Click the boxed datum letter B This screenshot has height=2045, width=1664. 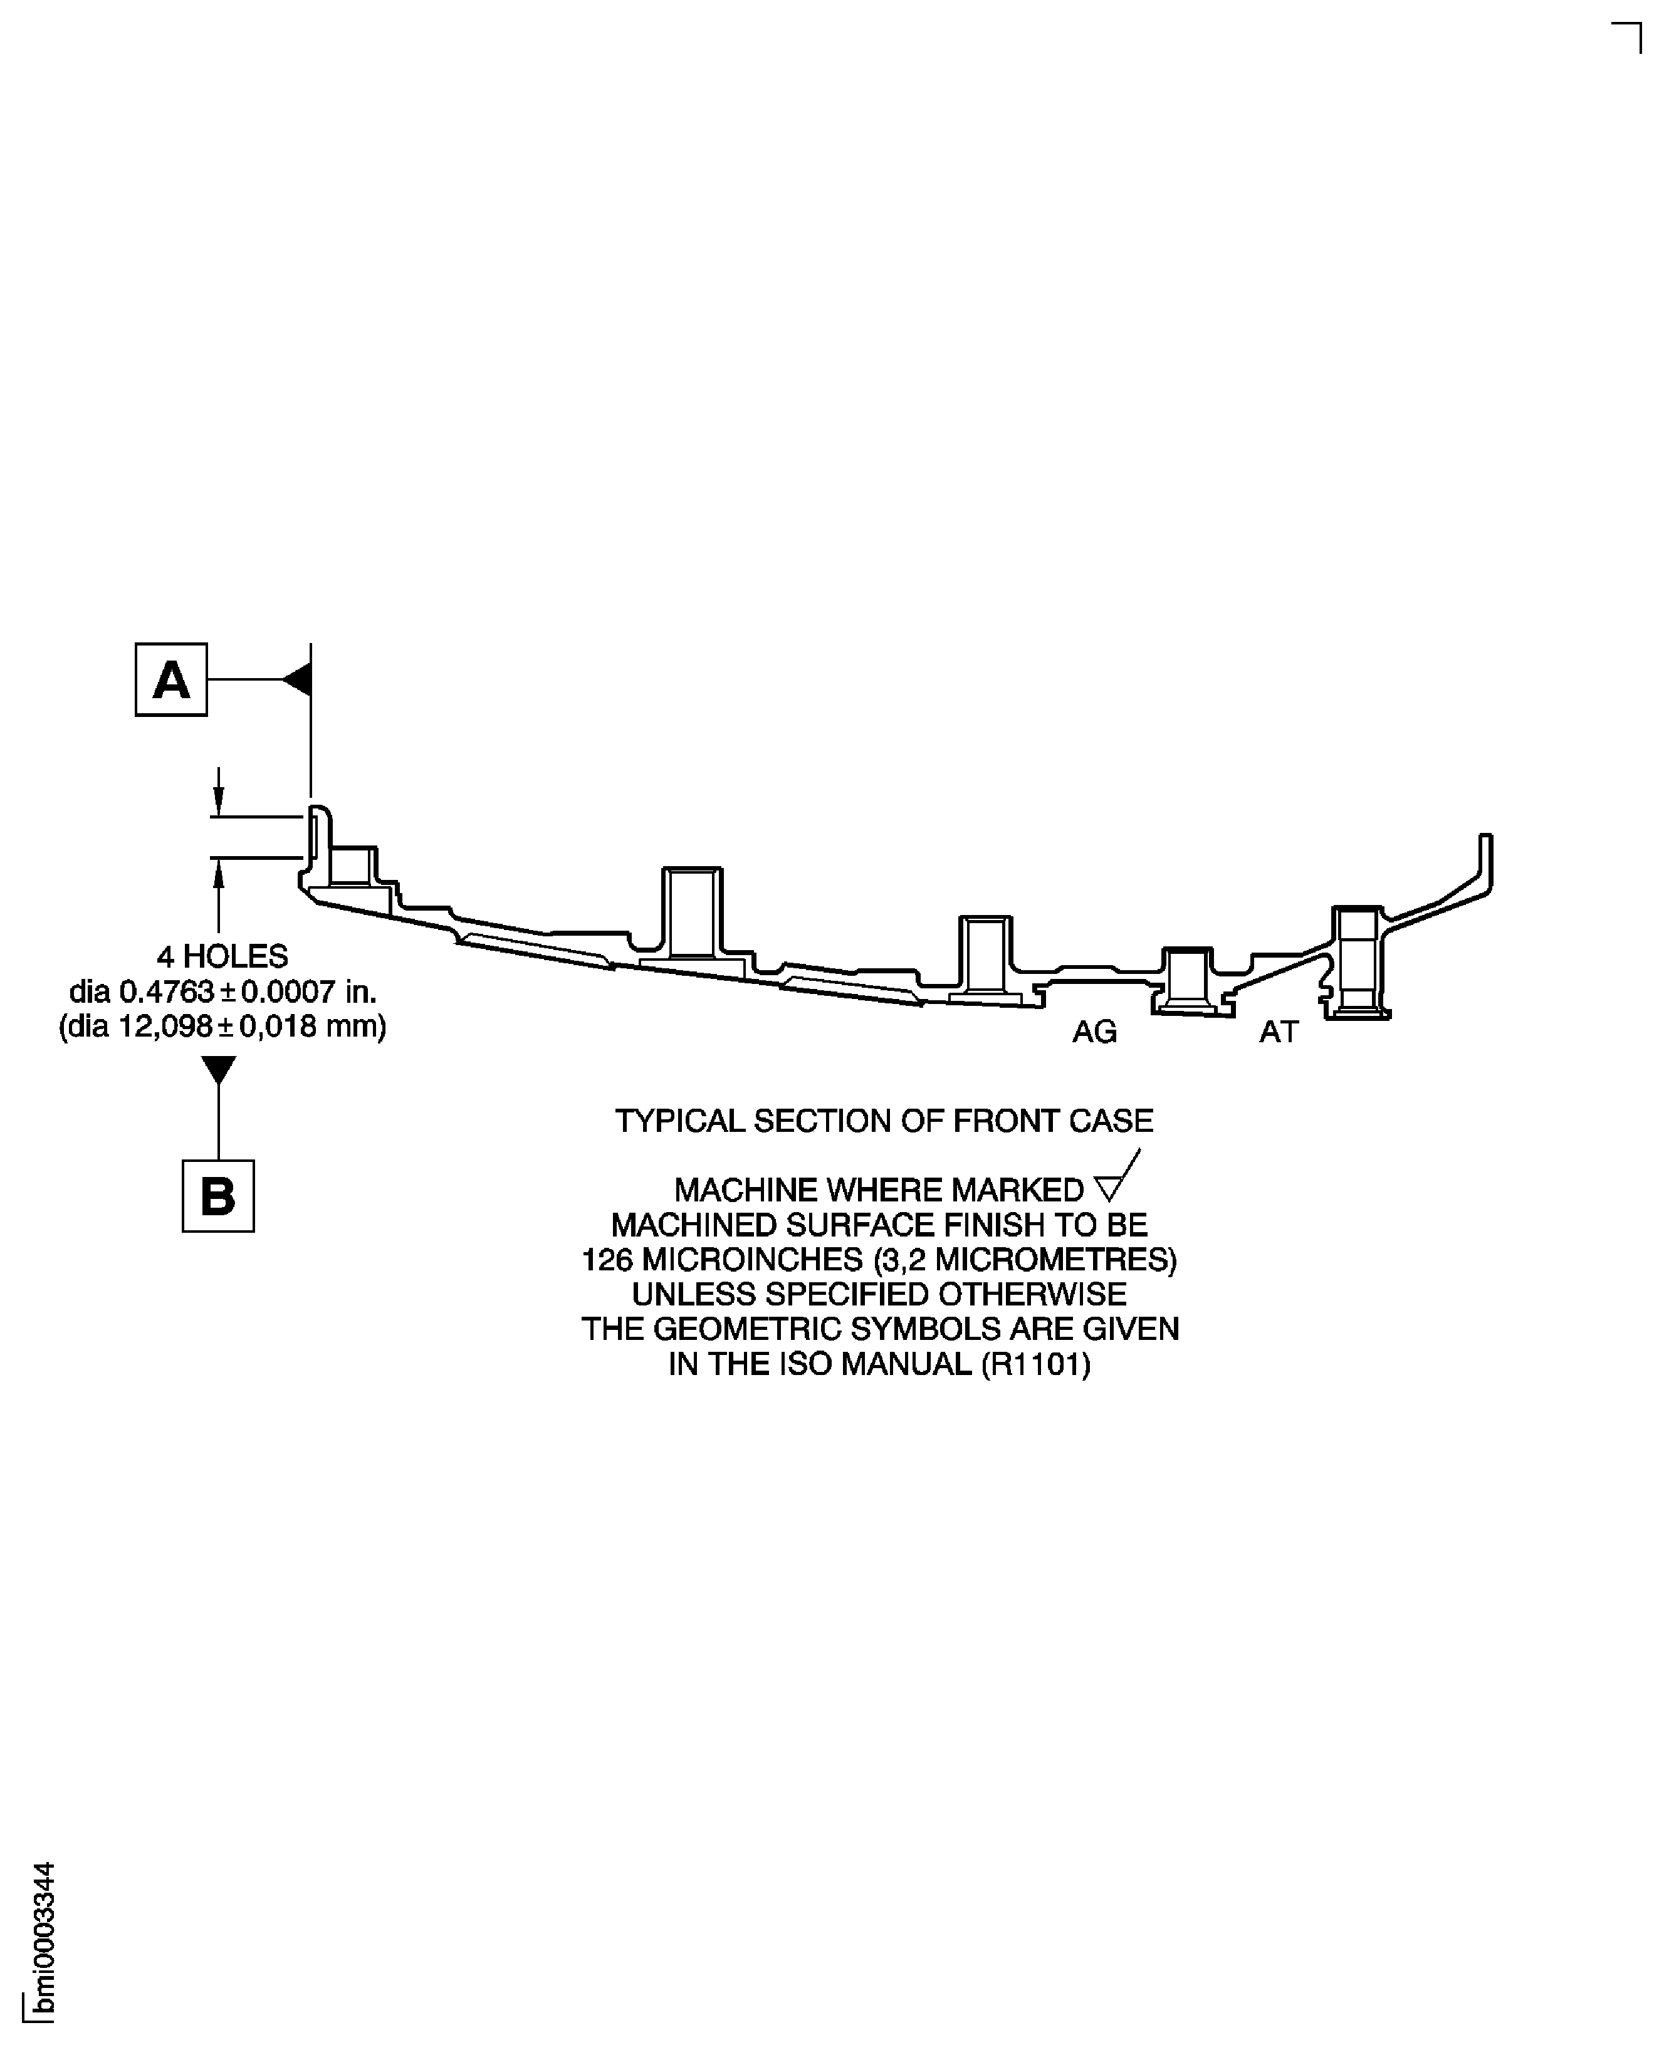point(219,1196)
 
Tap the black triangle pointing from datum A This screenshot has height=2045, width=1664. point(296,679)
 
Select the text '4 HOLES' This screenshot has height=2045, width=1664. point(222,956)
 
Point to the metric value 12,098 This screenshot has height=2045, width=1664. point(165,1027)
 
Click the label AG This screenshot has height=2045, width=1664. point(1095,1032)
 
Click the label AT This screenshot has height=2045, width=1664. point(1279,1032)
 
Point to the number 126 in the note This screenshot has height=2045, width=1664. point(607,1259)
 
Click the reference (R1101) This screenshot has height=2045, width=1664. point(1036,1364)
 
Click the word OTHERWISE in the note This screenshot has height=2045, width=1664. point(1032,1295)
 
